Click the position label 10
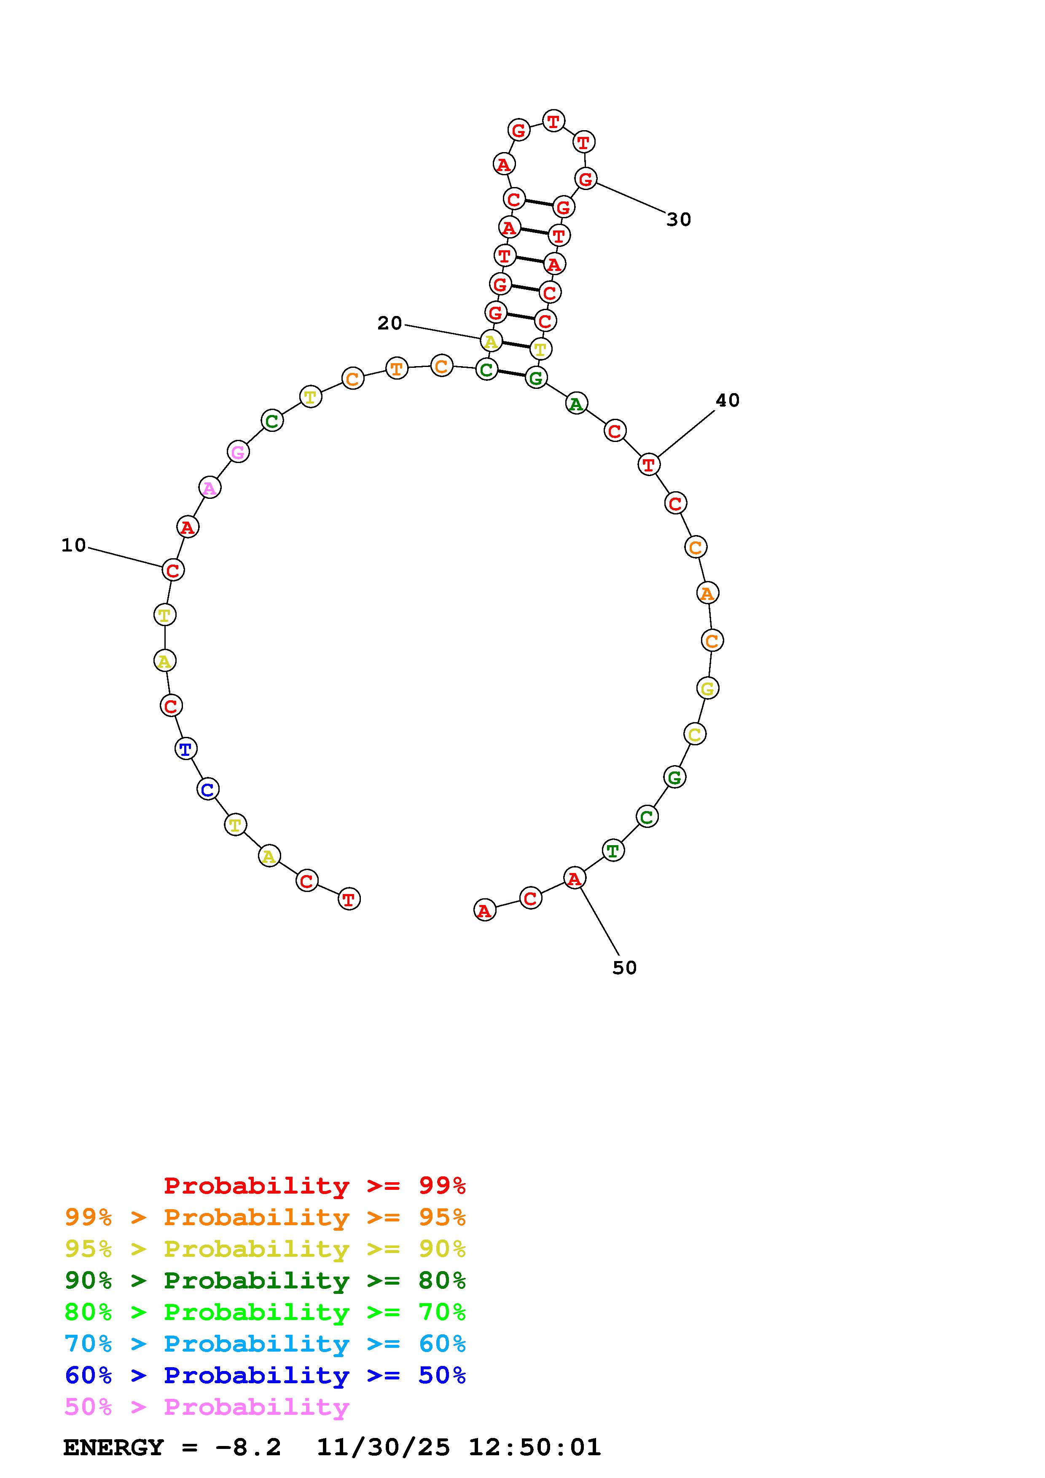click(x=73, y=545)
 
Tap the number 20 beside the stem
click(x=390, y=323)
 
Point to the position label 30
click(x=679, y=220)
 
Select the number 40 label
click(x=728, y=400)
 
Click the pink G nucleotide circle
click(x=238, y=452)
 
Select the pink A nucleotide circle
click(x=209, y=488)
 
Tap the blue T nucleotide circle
click(x=186, y=749)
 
